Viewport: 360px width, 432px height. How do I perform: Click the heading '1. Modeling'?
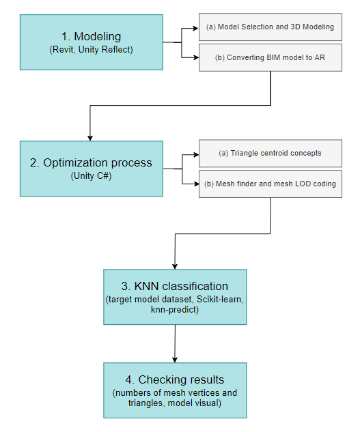[x=91, y=36]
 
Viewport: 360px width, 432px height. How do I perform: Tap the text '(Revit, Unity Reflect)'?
[x=91, y=50]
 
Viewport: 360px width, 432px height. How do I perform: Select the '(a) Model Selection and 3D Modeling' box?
[x=271, y=27]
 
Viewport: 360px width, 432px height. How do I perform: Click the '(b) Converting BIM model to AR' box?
[x=271, y=57]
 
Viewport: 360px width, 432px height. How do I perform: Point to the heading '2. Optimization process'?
[x=91, y=163]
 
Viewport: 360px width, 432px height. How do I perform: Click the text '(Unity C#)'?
[x=91, y=176]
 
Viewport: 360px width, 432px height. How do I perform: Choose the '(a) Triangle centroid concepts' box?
[x=271, y=153]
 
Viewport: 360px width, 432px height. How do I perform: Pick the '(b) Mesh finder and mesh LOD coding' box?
[x=271, y=184]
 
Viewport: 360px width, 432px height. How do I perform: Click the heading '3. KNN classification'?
[x=175, y=286]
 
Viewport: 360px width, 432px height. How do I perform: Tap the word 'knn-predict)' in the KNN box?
[x=175, y=310]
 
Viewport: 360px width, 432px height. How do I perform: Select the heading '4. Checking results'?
[x=175, y=379]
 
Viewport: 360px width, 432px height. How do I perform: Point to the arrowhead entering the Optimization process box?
[x=90, y=138]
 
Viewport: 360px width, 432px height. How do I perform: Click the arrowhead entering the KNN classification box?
[x=175, y=266]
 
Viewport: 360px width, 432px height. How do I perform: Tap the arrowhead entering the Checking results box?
[x=175, y=360]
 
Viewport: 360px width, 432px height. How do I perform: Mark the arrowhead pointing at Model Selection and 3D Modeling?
[x=196, y=28]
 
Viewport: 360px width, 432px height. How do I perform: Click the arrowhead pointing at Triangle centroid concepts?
[x=197, y=154]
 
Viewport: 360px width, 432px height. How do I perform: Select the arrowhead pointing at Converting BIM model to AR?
[x=196, y=57]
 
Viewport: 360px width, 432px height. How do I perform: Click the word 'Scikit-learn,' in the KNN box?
[x=220, y=299]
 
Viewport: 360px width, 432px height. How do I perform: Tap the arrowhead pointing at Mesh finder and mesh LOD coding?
[x=197, y=184]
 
